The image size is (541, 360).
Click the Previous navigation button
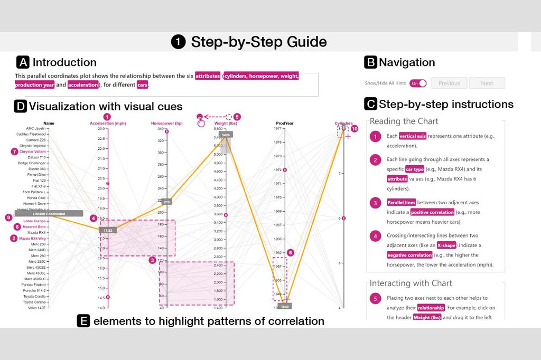point(449,83)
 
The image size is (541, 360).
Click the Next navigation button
point(487,83)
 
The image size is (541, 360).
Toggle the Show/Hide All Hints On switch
point(418,83)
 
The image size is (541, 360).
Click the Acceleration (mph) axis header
point(107,124)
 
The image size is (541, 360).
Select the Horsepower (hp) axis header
point(166,124)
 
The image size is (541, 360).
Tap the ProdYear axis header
point(284,124)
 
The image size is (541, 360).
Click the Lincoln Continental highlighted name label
point(52,213)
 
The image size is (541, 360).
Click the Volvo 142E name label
point(37,307)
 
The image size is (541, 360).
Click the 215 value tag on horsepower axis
point(166,202)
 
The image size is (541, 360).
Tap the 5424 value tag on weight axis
point(226,135)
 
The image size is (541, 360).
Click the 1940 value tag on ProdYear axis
point(284,306)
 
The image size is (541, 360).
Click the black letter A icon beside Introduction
point(23,62)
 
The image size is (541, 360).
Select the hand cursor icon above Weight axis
point(201,122)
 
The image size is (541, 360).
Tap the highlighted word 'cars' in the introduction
point(142,84)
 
